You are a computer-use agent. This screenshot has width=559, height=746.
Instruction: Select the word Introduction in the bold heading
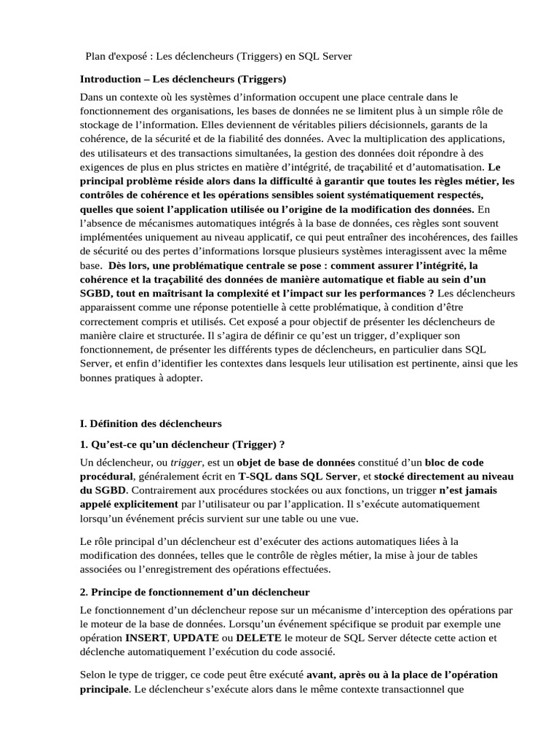pyautogui.click(x=110, y=79)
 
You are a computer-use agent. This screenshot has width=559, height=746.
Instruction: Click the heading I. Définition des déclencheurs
pyautogui.click(x=151, y=423)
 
